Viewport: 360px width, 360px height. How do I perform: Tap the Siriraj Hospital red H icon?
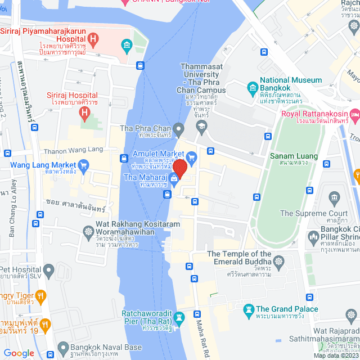pyautogui.click(x=85, y=114)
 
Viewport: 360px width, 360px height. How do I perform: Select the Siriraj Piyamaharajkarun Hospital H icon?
pyautogui.click(x=94, y=40)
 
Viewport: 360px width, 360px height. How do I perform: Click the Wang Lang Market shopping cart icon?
pyautogui.click(x=84, y=165)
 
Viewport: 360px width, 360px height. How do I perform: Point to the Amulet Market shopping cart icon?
pyautogui.click(x=191, y=156)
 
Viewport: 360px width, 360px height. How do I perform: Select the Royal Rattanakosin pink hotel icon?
pyautogui.click(x=355, y=115)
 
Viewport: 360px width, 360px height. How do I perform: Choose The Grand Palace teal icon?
pyautogui.click(x=248, y=309)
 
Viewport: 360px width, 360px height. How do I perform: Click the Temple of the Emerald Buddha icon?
pyautogui.click(x=279, y=260)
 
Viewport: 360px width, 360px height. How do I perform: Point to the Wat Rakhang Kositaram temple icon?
pyautogui.click(x=88, y=231)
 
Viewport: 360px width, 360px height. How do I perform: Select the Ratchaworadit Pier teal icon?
pyautogui.click(x=179, y=318)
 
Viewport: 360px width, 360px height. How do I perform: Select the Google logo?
pyautogui.click(x=19, y=353)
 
